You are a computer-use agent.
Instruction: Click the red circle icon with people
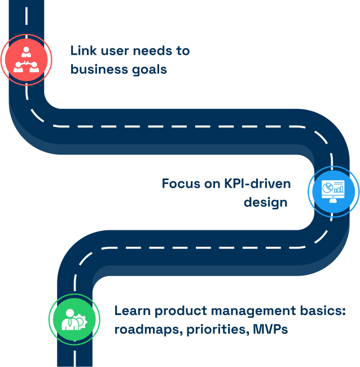[x=27, y=60]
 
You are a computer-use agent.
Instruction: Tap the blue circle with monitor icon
[x=333, y=192]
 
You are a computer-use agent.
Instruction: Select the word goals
[x=148, y=69]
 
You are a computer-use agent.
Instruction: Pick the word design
[x=266, y=202]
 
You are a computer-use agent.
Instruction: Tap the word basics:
[x=324, y=311]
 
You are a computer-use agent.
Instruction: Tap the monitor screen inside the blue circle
[x=333, y=188]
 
